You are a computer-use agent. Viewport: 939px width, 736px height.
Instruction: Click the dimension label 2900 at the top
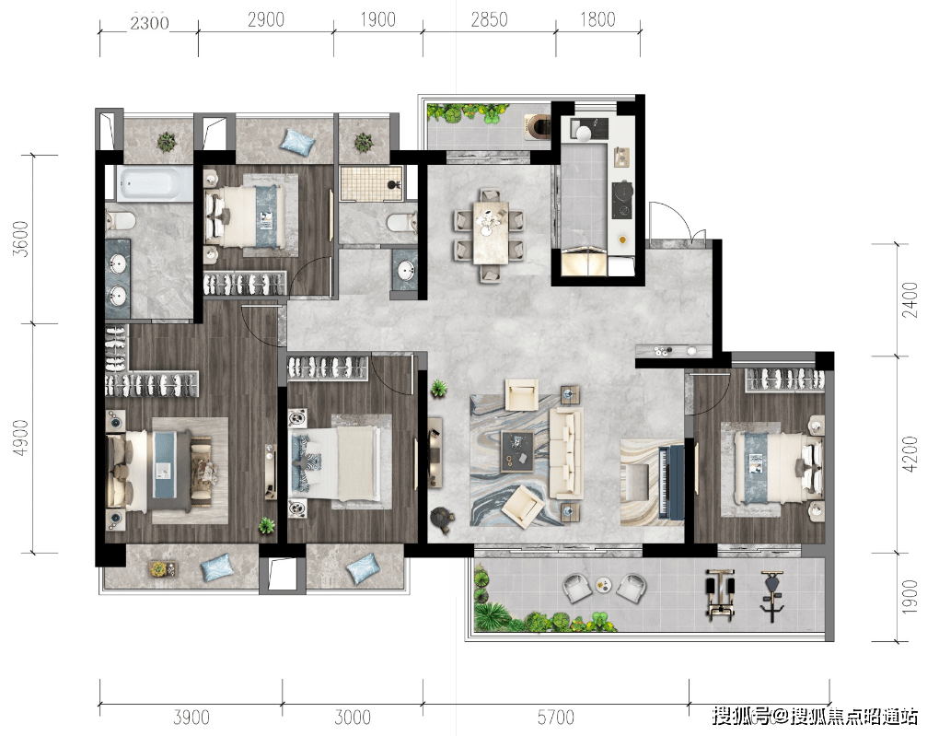266,19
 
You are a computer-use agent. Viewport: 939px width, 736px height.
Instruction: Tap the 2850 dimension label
489,19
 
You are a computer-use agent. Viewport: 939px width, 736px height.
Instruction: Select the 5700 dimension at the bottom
555,717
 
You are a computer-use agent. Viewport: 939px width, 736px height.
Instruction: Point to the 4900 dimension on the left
21,438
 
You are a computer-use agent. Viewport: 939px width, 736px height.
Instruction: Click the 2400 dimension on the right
910,299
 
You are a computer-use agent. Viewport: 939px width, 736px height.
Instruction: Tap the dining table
491,232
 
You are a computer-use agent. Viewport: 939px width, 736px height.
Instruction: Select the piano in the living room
671,481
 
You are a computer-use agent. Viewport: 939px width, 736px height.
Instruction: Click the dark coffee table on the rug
516,450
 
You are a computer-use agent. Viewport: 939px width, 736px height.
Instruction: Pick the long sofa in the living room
566,453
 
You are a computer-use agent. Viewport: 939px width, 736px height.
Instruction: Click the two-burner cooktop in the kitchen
621,200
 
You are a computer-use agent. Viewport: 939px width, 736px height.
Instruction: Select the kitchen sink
585,130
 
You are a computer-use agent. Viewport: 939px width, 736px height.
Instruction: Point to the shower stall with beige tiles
373,183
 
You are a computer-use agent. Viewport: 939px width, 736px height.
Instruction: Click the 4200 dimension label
910,454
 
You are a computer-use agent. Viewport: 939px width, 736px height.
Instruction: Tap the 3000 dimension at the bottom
352,717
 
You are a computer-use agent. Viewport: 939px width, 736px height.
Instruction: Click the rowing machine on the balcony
719,594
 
